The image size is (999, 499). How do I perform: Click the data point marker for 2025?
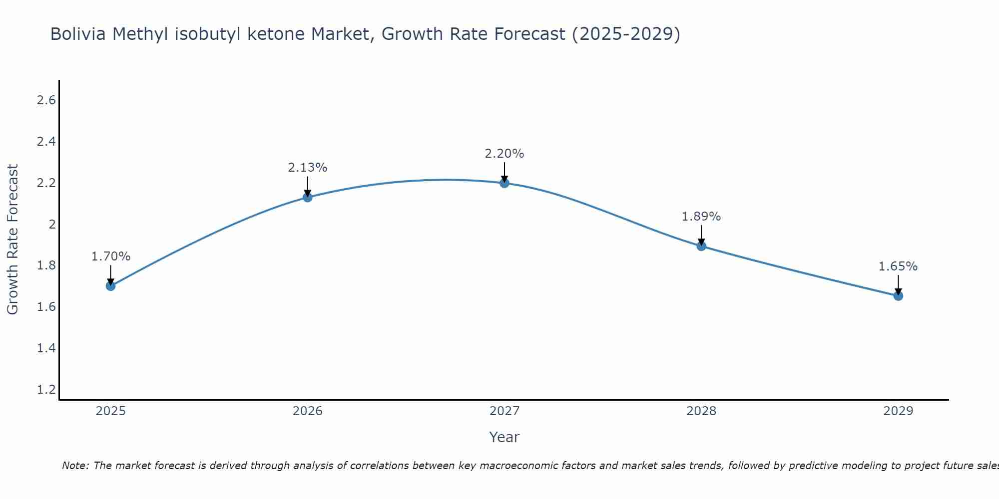point(111,286)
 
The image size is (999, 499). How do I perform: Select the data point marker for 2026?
point(308,197)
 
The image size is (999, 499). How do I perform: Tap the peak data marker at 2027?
point(504,183)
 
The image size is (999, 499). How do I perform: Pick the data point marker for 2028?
point(701,246)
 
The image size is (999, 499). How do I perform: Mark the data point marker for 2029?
point(898,296)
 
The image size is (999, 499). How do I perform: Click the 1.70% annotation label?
point(111,256)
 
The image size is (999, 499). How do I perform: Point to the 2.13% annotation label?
point(308,168)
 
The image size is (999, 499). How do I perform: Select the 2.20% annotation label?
point(504,154)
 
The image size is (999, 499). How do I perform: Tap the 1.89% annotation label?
point(701,217)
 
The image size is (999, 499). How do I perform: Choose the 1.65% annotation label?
point(898,266)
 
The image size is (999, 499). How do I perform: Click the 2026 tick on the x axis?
point(308,411)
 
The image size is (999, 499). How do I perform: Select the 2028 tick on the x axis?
point(701,411)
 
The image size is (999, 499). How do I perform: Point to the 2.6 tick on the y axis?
point(46,100)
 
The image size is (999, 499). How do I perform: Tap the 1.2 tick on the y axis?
point(46,389)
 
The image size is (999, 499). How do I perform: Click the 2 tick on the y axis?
point(52,224)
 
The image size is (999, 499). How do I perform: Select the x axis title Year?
point(504,437)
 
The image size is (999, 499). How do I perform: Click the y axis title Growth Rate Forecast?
point(12,240)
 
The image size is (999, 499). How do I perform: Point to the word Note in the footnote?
point(75,466)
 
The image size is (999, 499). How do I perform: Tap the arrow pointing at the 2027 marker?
point(504,172)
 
